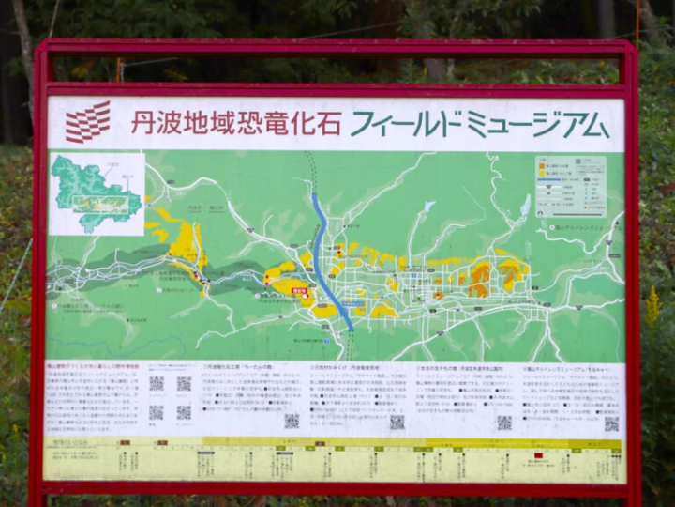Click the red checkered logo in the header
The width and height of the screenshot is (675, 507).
pos(88,122)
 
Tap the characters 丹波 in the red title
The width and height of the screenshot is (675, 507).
pos(154,122)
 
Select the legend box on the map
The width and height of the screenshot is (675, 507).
pos(570,186)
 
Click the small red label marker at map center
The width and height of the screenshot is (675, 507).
pos(300,292)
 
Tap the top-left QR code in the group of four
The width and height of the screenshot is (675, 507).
pos(157,383)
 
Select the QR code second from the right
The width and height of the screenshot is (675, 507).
pos(504,423)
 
